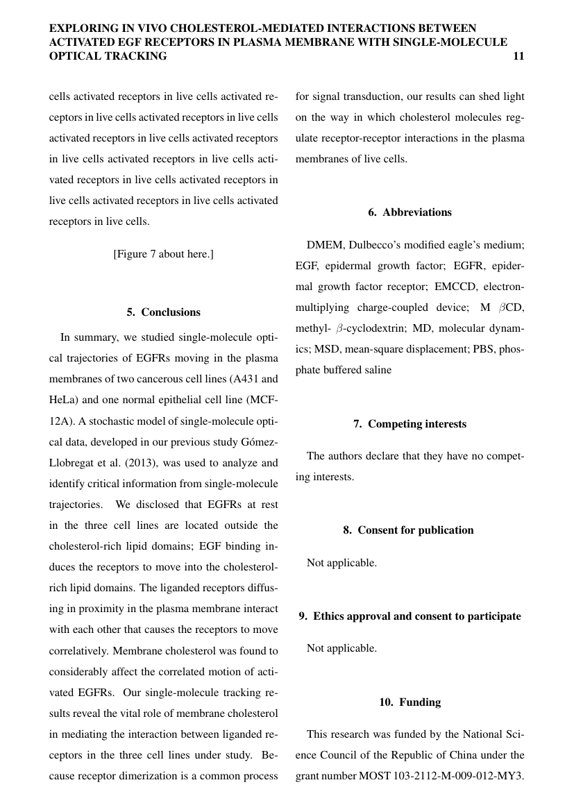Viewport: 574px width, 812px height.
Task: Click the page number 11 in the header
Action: [518, 56]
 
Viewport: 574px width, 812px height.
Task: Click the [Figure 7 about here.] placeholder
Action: [163, 254]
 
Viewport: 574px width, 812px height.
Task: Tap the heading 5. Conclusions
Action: [163, 312]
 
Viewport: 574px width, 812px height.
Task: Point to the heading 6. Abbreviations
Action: [410, 212]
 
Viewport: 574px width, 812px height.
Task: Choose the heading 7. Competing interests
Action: [410, 424]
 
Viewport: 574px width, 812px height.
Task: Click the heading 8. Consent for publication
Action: [408, 530]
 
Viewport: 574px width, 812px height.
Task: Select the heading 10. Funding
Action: [410, 702]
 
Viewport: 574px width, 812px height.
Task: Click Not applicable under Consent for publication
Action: [341, 563]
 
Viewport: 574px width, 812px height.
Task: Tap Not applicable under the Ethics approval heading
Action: [341, 648]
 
